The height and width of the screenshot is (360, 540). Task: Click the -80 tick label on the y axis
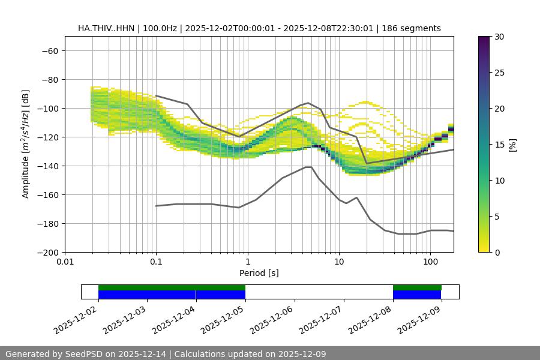coord(49,79)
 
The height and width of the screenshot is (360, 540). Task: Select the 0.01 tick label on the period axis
coord(65,262)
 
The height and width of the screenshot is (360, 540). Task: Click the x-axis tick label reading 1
coord(247,262)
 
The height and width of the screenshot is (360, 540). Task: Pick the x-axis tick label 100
coord(430,262)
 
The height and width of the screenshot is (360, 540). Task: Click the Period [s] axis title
coord(259,273)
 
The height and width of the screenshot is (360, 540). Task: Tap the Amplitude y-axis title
coord(26,144)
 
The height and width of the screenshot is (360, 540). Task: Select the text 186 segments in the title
coord(415,28)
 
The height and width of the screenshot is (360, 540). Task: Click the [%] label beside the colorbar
coord(512,145)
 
